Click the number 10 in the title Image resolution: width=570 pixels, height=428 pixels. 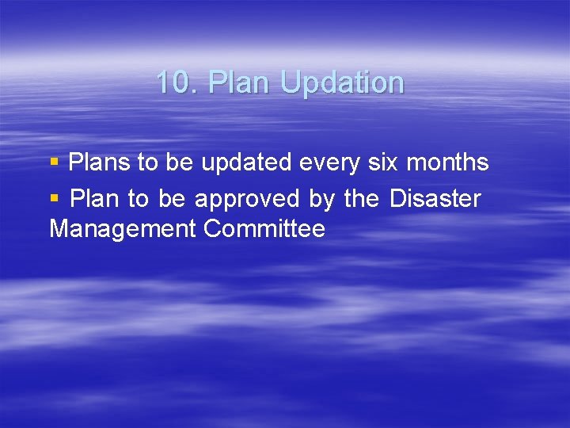172,82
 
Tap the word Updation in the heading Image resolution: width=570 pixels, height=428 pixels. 342,83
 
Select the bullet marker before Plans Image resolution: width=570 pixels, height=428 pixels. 54,162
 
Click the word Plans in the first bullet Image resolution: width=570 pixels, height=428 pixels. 100,163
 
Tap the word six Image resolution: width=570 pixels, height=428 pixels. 382,163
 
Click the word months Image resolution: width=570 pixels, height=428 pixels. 447,163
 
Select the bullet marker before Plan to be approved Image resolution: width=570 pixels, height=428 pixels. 54,198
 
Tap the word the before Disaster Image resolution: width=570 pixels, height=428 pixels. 361,199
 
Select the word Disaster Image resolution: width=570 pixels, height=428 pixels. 435,199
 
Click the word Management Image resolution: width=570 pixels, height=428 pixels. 122,230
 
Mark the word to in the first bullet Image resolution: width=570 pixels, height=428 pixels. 148,163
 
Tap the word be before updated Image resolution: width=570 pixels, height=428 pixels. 179,163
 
